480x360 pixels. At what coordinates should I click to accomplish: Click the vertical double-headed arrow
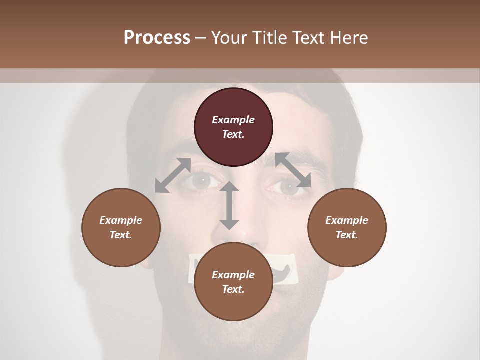tap(229, 205)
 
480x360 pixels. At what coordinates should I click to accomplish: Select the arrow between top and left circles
tap(173, 175)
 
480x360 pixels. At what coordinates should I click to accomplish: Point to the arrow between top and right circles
tap(293, 170)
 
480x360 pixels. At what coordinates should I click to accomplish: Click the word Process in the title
tap(157, 37)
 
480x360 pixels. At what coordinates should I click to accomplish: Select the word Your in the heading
tap(228, 37)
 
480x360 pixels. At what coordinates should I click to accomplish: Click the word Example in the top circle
tap(233, 120)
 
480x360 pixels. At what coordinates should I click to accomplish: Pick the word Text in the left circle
tap(121, 235)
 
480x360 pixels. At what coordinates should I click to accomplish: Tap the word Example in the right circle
tap(347, 220)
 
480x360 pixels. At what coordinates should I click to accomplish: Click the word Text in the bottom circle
tap(233, 289)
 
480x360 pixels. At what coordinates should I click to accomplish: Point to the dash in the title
tap(201, 38)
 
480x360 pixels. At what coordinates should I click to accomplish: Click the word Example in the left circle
tap(121, 220)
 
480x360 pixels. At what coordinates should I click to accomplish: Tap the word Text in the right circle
tap(347, 235)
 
